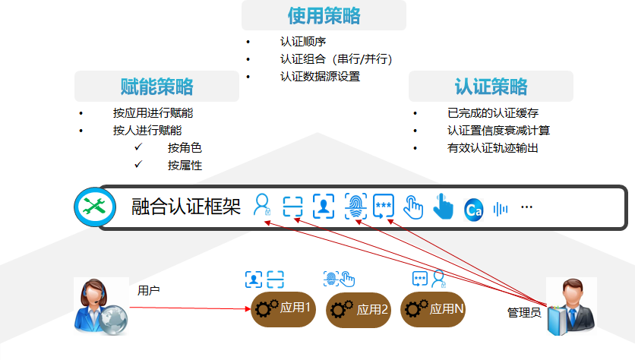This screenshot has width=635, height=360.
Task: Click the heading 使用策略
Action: pyautogui.click(x=324, y=15)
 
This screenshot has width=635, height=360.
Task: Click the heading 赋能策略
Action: pyautogui.click(x=156, y=86)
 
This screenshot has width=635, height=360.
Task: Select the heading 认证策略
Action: pyautogui.click(x=491, y=86)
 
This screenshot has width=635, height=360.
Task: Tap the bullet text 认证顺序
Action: pyautogui.click(x=303, y=42)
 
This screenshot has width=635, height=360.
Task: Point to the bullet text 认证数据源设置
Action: pyautogui.click(x=320, y=77)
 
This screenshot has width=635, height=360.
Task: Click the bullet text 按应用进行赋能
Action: pyautogui.click(x=153, y=113)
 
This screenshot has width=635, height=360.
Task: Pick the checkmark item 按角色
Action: pyautogui.click(x=185, y=148)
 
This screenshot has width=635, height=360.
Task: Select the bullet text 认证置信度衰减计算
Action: pyautogui.click(x=498, y=131)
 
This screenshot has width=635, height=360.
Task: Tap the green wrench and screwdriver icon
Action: pyautogui.click(x=95, y=206)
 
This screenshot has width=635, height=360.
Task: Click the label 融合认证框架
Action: pyautogui.click(x=186, y=207)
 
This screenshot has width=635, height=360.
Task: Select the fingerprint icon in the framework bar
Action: pyautogui.click(x=355, y=206)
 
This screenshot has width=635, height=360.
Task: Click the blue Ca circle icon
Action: pyautogui.click(x=473, y=210)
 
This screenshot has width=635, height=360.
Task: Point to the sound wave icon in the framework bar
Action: pyautogui.click(x=501, y=208)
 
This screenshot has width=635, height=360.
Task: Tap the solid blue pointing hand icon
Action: pyautogui.click(x=442, y=206)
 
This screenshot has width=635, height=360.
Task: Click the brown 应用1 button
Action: pyautogui.click(x=283, y=308)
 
